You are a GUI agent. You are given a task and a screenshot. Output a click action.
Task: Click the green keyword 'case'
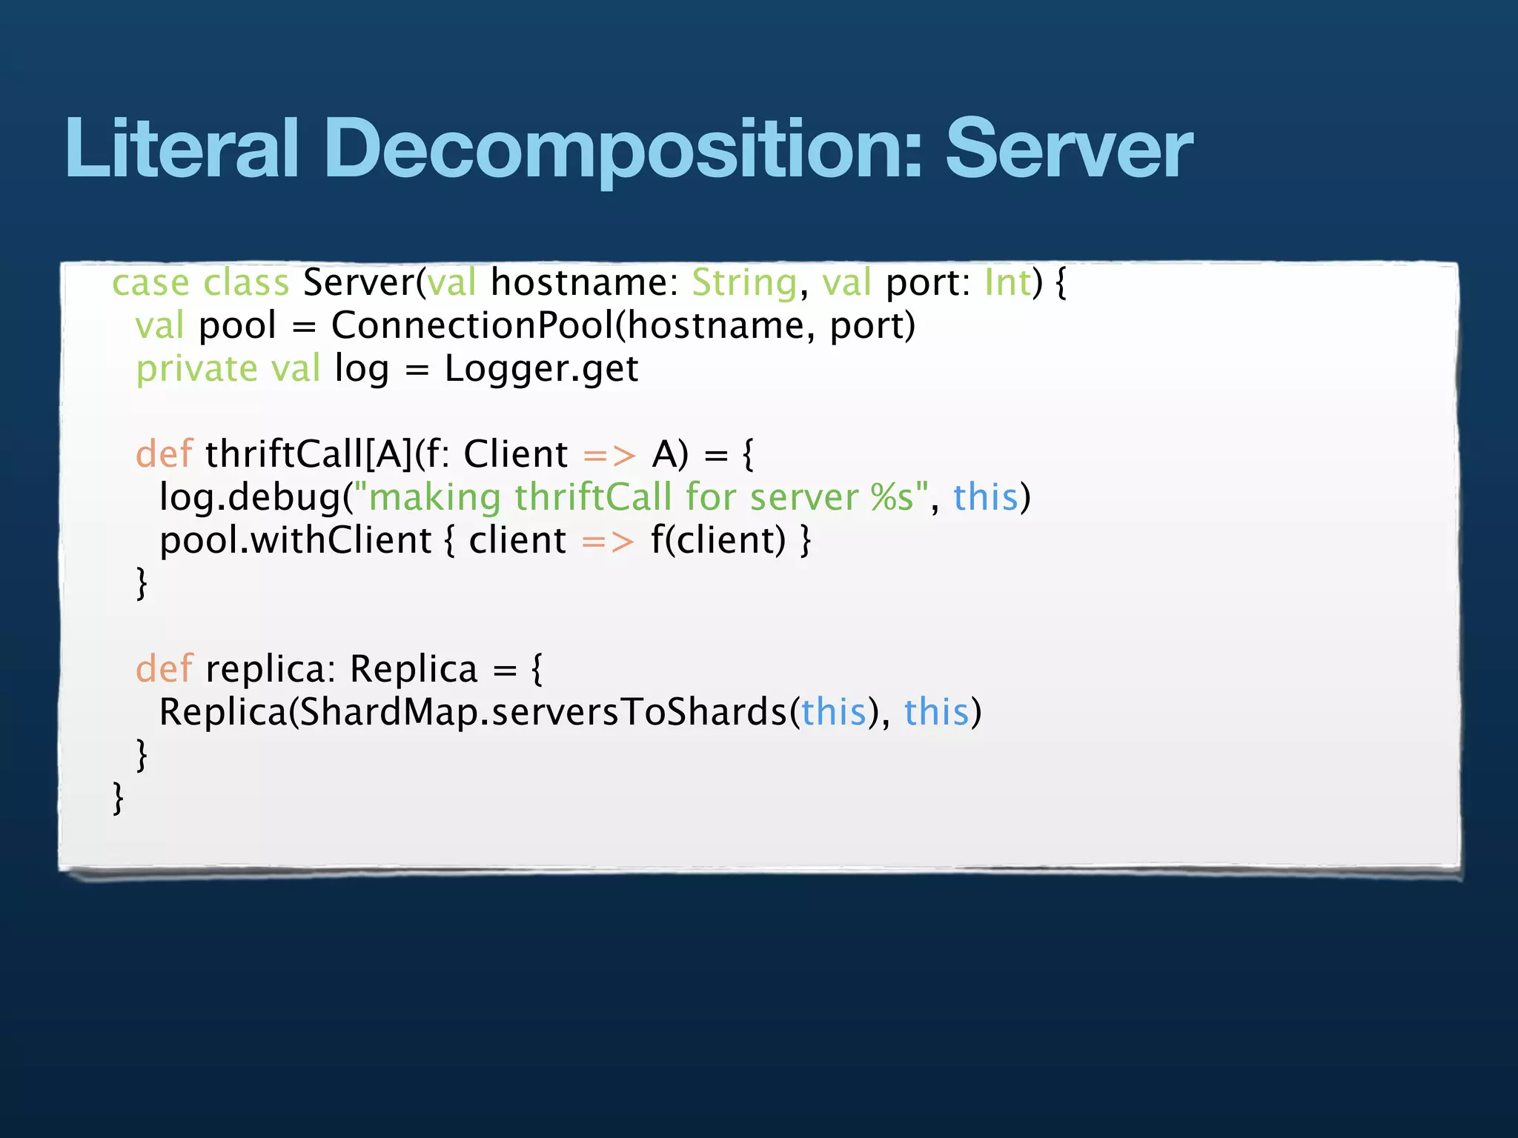[150, 283]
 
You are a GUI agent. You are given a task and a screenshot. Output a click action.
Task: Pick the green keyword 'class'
[246, 283]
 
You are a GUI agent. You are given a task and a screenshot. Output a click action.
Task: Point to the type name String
[744, 283]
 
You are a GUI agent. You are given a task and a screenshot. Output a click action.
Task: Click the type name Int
[1007, 283]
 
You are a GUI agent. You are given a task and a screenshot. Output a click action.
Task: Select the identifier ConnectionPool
[472, 326]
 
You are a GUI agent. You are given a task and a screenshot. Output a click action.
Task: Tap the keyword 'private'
[196, 369]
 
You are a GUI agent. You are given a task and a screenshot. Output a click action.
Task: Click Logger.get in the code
[541, 369]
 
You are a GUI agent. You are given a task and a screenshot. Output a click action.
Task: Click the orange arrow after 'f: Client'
[609, 455]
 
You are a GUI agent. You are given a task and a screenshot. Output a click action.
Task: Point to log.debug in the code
[250, 497]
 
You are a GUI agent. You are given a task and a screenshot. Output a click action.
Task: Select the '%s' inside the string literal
[892, 497]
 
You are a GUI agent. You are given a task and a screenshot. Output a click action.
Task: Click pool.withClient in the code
[295, 540]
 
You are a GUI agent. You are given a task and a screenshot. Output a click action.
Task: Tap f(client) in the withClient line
[717, 540]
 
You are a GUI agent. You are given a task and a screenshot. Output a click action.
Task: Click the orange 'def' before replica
[164, 669]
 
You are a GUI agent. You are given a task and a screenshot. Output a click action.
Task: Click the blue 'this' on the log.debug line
[985, 497]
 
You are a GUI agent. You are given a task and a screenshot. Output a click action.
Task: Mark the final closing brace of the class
[118, 799]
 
